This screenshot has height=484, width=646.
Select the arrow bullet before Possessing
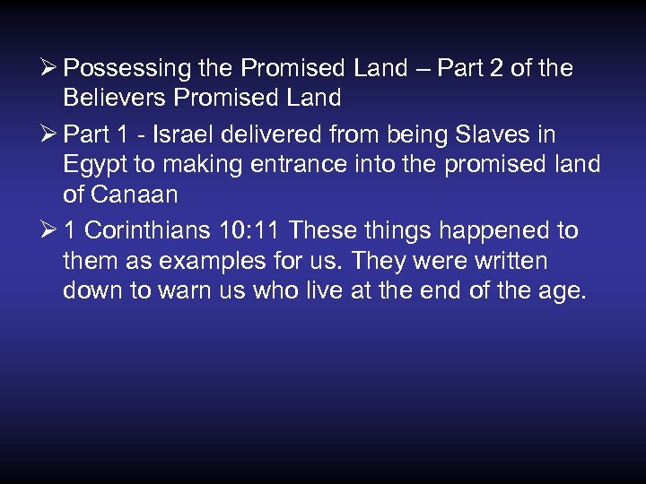click(50, 69)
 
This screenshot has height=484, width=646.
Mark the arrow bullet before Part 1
click(50, 135)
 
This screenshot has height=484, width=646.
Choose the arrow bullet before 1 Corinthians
click(50, 231)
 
